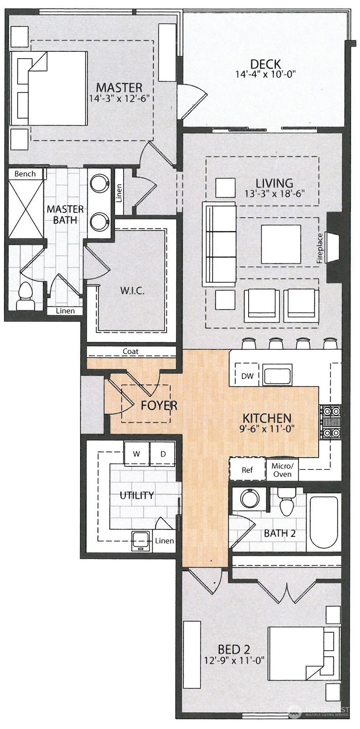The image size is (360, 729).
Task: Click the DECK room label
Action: coord(265,64)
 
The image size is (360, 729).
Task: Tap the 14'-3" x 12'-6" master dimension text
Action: coord(120,98)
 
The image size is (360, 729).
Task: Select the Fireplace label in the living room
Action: coord(320,248)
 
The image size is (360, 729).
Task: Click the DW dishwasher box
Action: coord(247,376)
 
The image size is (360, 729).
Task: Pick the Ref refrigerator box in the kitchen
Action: coord(247,470)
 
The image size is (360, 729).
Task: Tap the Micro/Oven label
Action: coord(282,470)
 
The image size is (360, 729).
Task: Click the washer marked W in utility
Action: coord(137,454)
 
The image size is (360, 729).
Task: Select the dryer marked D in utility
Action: coord(163,454)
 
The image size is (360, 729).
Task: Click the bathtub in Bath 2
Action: coord(324,522)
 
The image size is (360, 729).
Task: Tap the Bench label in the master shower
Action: coord(25,174)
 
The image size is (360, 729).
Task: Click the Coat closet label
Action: coord(131,351)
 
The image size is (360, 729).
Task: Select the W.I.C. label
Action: coord(132,290)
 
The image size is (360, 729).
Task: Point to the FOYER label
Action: coord(159,405)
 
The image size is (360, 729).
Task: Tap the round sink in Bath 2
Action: coord(250,498)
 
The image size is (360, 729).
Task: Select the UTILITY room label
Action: coord(137,495)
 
